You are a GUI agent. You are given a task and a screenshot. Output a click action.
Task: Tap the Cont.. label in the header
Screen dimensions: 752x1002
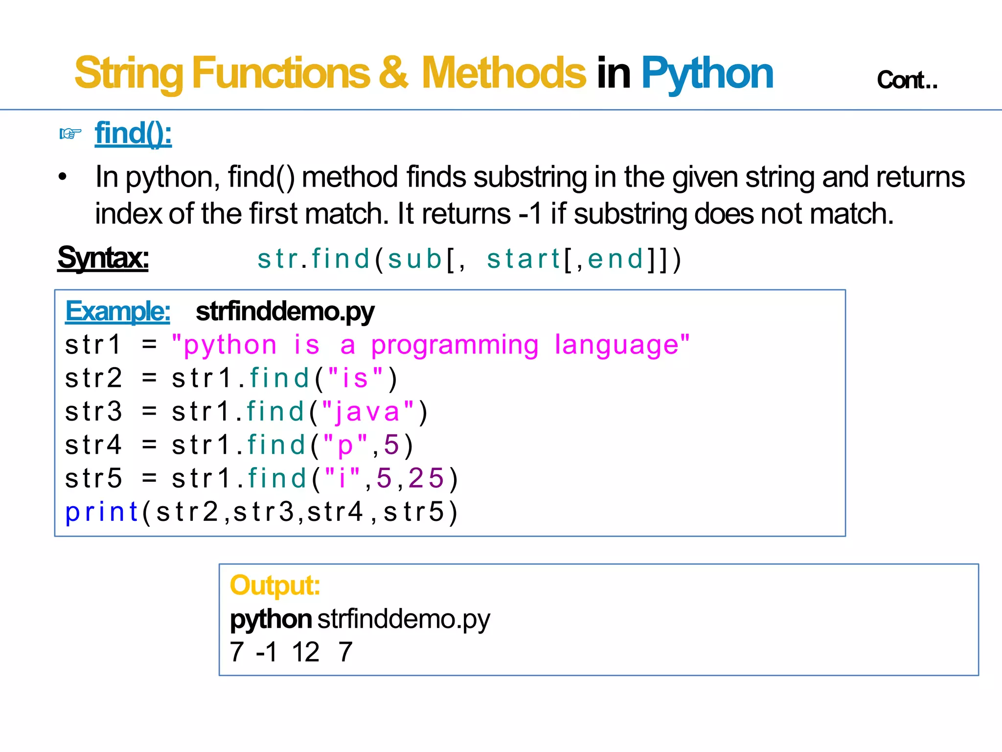[x=907, y=80]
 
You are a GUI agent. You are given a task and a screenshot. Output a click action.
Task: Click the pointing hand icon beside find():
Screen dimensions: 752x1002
[x=70, y=133]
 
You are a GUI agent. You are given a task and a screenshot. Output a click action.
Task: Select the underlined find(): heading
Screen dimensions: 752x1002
[x=133, y=133]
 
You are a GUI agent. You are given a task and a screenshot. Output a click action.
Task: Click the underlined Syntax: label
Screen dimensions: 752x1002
[x=103, y=258]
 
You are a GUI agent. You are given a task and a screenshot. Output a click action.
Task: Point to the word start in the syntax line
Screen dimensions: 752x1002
[x=523, y=259]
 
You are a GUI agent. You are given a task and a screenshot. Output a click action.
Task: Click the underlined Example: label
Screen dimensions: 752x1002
[x=117, y=311]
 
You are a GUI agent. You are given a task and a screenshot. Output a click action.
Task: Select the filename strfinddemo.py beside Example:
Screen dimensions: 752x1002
[x=285, y=312]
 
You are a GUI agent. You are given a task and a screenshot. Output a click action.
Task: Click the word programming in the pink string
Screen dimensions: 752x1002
[x=455, y=345]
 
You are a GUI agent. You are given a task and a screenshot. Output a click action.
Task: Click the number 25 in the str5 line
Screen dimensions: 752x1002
[x=426, y=478]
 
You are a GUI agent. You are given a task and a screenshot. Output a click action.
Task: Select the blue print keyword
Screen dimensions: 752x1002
[x=102, y=512]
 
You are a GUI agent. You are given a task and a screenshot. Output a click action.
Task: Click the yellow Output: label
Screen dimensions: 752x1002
[x=275, y=585]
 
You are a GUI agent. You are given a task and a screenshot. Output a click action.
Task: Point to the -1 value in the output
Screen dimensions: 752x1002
[x=267, y=652]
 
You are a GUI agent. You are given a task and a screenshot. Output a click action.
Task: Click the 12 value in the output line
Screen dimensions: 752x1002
[x=306, y=652]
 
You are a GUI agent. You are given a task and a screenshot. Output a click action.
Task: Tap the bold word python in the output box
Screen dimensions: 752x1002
[x=271, y=619]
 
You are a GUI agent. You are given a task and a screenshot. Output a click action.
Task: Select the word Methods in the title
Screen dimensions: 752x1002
[x=503, y=73]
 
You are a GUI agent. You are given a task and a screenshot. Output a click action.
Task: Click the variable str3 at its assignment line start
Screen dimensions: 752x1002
[x=93, y=412]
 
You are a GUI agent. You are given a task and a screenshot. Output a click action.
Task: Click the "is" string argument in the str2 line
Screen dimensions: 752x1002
[x=355, y=378]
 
